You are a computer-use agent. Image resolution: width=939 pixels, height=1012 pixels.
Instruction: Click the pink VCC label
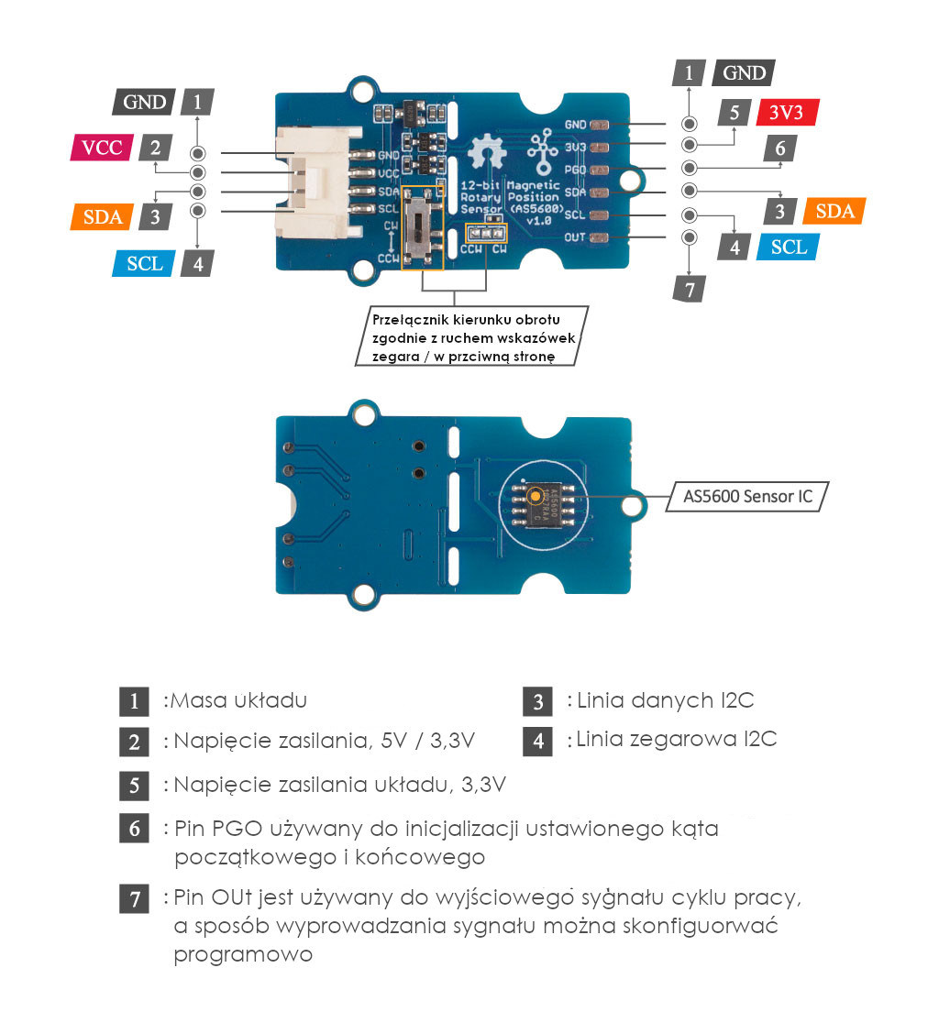click(x=102, y=148)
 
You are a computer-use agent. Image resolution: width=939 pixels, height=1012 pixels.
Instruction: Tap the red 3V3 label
click(x=787, y=113)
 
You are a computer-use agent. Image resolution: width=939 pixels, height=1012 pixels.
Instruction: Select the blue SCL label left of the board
click(x=144, y=263)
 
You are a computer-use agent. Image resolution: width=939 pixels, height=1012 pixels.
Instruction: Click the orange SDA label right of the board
click(x=834, y=211)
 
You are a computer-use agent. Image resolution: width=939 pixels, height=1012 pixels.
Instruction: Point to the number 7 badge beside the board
click(x=689, y=289)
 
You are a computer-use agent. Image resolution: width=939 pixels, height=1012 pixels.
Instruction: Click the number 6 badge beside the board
click(x=780, y=148)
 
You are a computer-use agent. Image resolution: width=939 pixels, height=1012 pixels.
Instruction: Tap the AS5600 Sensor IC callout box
click(x=746, y=496)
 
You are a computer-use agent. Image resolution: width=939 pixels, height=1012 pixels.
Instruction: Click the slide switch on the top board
click(x=422, y=229)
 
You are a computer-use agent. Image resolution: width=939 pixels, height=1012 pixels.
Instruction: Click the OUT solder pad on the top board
click(x=599, y=238)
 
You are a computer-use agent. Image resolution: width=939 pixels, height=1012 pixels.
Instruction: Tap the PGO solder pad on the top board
click(x=599, y=170)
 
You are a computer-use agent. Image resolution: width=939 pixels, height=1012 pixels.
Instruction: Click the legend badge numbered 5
click(x=134, y=786)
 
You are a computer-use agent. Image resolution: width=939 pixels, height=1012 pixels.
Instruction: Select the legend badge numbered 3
click(x=537, y=701)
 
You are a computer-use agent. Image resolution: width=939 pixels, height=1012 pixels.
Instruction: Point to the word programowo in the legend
click(x=243, y=955)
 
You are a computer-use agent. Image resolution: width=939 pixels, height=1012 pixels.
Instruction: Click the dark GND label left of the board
click(x=144, y=102)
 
